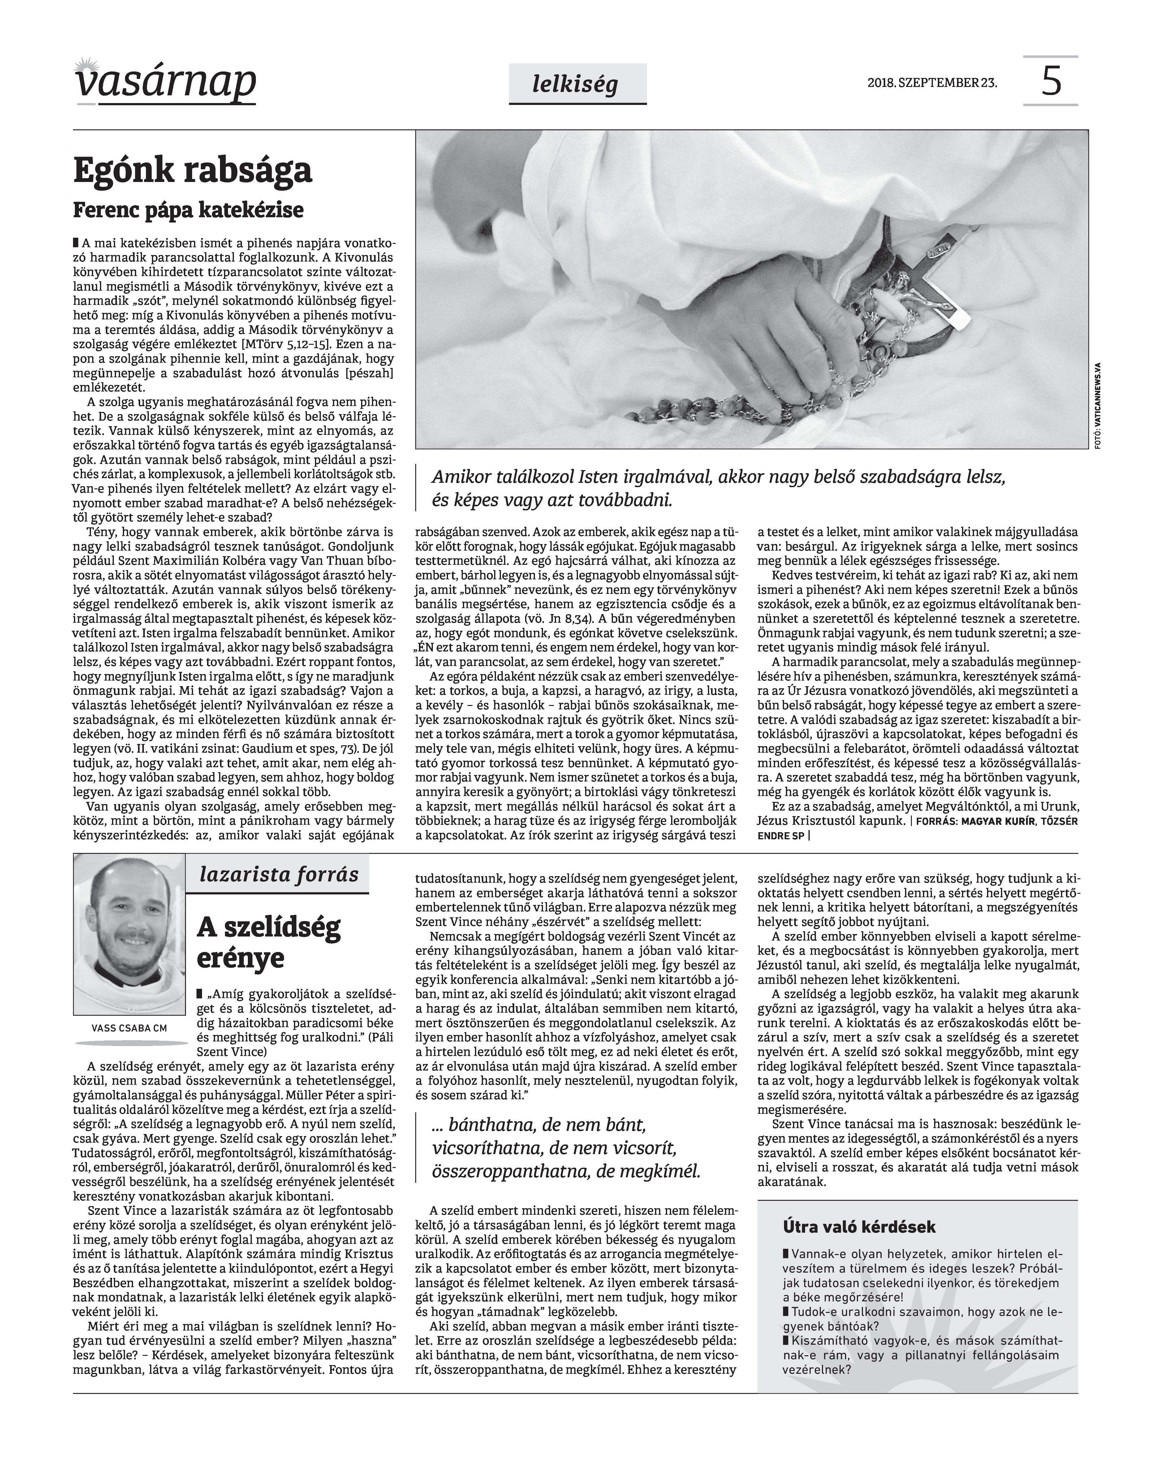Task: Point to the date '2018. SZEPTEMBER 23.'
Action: pyautogui.click(x=933, y=83)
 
